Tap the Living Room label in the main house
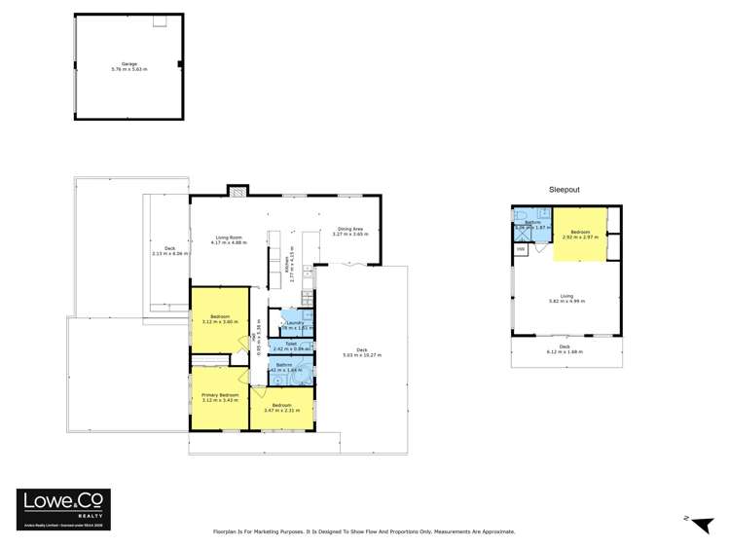click(x=228, y=239)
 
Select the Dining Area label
click(x=348, y=231)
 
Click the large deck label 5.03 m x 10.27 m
click(x=361, y=354)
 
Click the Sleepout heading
click(x=564, y=190)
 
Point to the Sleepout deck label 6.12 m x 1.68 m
click(x=564, y=350)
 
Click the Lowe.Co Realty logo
click(x=64, y=508)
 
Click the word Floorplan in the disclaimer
click(x=227, y=531)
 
